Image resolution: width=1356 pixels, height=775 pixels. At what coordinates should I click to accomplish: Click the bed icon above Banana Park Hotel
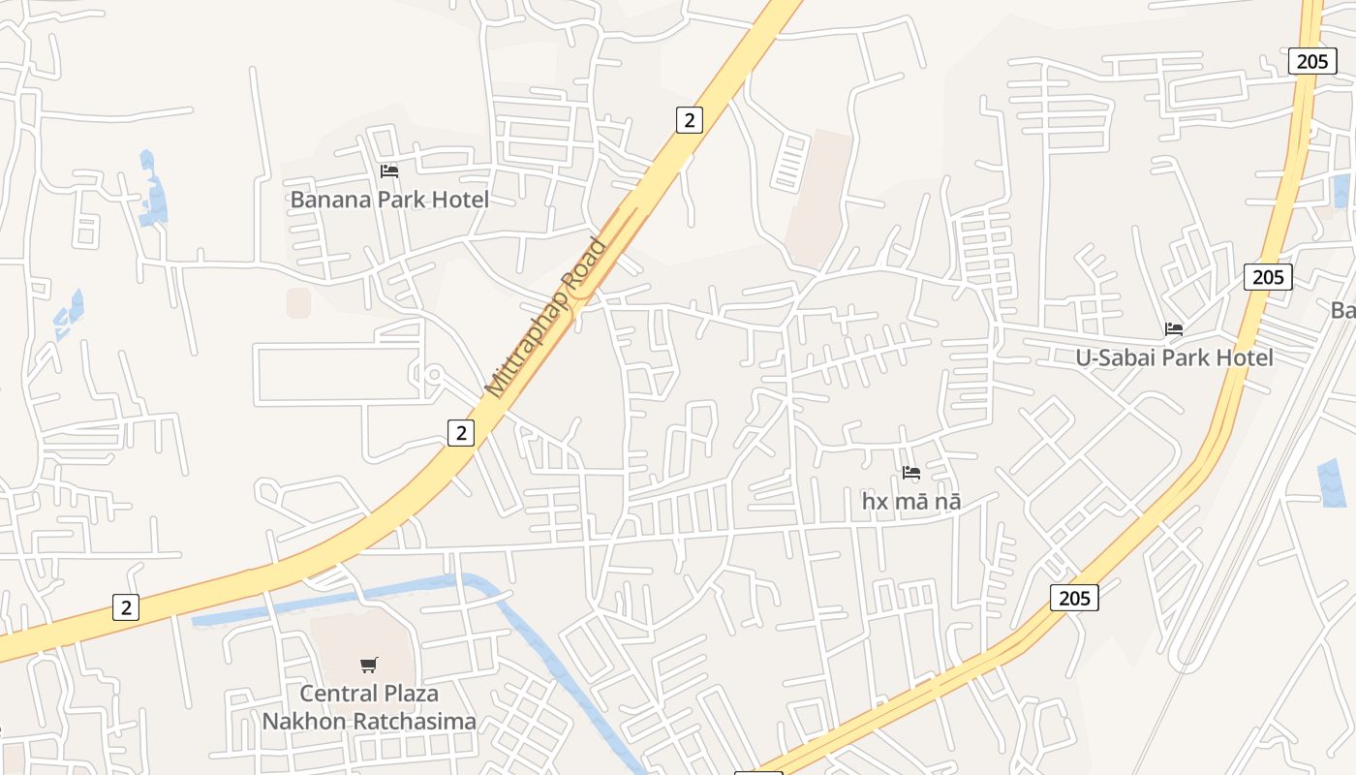click(389, 171)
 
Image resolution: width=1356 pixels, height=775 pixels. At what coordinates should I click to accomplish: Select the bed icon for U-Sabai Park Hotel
click(1174, 329)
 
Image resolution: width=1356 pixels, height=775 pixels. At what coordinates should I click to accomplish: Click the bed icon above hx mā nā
click(910, 473)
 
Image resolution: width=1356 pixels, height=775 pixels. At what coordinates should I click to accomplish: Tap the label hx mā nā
click(910, 502)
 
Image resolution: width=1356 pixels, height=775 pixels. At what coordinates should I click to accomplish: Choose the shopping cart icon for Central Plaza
click(368, 665)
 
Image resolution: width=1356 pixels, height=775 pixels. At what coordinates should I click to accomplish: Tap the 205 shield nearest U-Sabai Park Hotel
click(1267, 277)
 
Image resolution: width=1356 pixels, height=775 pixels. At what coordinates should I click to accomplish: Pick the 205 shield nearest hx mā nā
click(1074, 598)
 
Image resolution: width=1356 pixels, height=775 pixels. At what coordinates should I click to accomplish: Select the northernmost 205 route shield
click(1311, 61)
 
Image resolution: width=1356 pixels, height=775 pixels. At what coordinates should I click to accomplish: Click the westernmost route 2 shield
click(125, 607)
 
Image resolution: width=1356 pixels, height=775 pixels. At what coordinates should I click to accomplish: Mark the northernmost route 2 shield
click(689, 120)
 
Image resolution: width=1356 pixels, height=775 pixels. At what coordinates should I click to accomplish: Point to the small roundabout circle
click(433, 375)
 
